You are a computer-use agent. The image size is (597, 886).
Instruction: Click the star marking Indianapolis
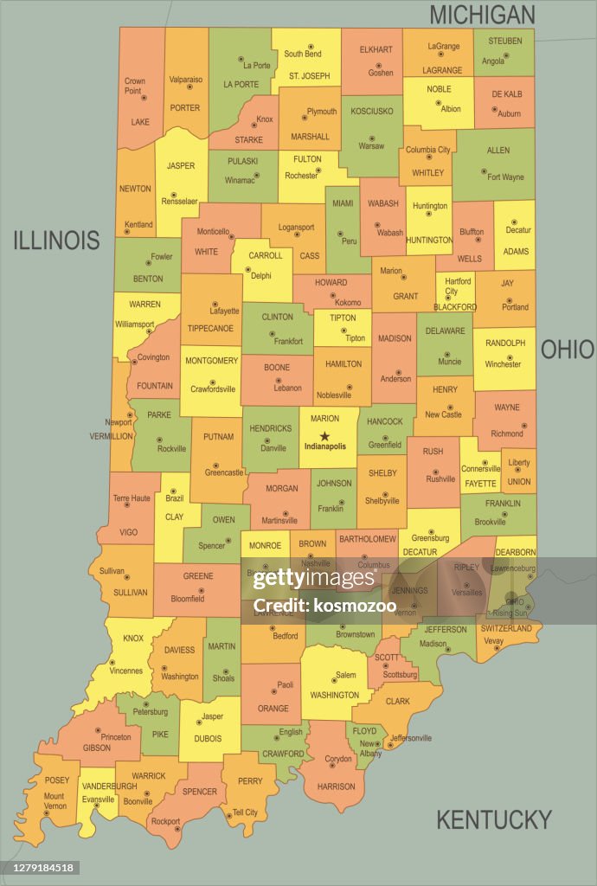pos(325,436)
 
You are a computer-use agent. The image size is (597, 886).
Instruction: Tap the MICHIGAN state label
pos(482,15)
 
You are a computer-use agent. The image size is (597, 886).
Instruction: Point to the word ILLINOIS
pos(56,241)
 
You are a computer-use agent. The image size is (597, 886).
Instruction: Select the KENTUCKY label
pos(493,819)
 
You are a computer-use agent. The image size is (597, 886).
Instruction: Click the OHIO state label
pos(568,350)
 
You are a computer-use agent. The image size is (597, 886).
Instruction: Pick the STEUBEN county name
pos(504,42)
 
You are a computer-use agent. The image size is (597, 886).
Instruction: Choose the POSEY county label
pos(57,780)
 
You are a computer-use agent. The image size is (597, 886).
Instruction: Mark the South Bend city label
pos(305,54)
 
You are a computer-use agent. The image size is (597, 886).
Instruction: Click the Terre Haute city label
pos(132,498)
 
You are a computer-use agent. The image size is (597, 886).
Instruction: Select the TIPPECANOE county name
pos(210,329)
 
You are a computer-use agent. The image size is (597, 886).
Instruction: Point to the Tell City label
pos(245,812)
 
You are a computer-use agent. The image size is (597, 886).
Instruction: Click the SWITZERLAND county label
pos(506,628)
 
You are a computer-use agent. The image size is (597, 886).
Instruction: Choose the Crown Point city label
pos(134,86)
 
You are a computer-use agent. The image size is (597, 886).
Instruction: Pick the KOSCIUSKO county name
pos(372,111)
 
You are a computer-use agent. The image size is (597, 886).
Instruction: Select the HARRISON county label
pos(337,786)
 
